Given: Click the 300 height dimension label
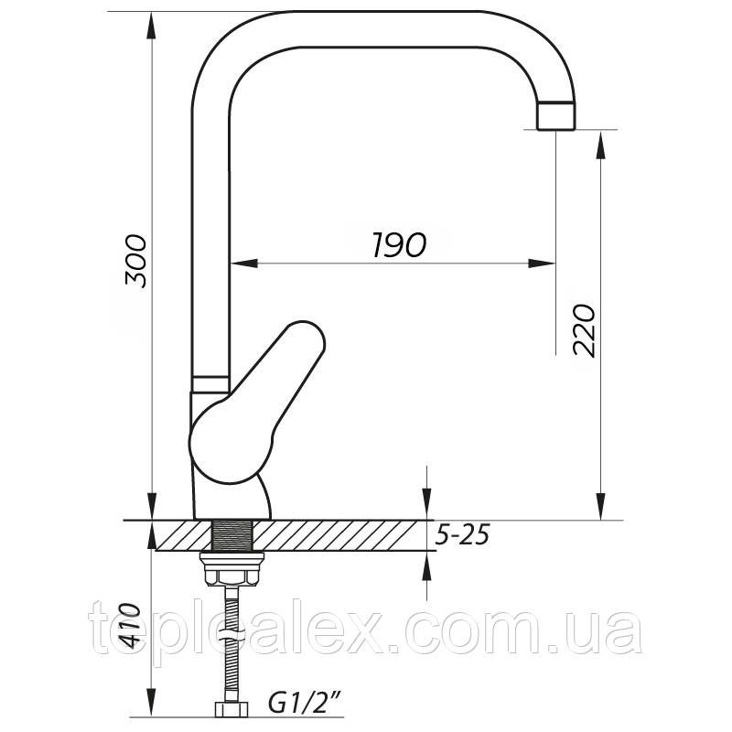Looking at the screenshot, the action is [135, 261].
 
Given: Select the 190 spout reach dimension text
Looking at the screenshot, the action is [400, 244].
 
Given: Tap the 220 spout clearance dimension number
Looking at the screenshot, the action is [585, 330].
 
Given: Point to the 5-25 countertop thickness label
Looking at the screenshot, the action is [462, 535].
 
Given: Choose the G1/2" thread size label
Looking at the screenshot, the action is [305, 703].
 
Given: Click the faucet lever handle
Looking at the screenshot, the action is [256, 402].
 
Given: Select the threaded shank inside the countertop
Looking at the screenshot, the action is [232, 535].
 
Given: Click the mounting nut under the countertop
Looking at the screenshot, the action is [232, 568].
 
